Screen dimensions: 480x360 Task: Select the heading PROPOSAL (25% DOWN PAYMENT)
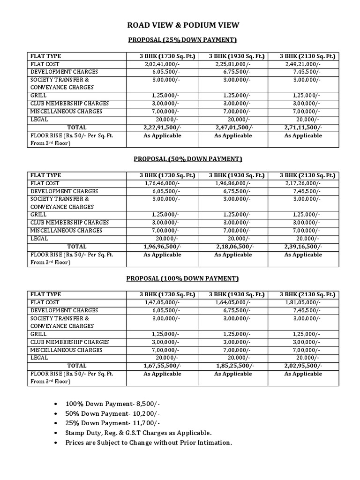182,40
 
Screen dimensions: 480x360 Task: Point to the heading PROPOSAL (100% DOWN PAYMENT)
182,278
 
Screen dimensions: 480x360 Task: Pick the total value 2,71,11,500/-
303,127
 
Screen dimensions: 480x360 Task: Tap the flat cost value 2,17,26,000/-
303,183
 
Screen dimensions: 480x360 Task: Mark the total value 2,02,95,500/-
303,366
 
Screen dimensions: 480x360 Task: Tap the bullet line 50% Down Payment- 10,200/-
113,413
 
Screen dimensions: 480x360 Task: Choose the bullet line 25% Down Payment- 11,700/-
113,423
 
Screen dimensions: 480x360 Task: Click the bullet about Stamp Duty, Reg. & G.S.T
139,433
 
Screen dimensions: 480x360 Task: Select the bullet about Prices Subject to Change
149,443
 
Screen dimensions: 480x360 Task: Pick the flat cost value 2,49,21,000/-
303,64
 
